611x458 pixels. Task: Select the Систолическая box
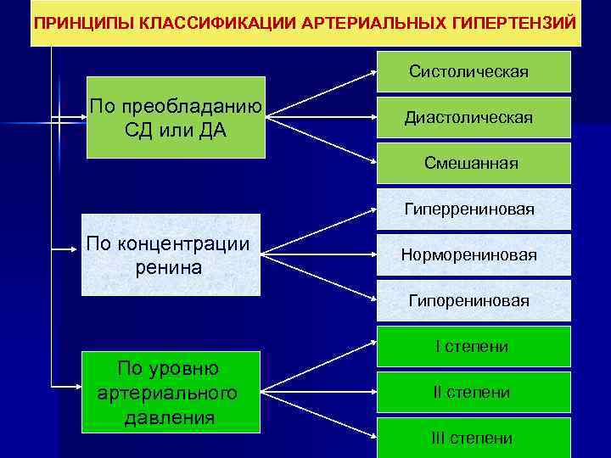[x=474, y=71]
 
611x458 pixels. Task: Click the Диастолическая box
[x=474, y=117]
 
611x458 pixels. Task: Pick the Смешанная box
[x=474, y=163]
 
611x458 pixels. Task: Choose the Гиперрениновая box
[x=474, y=209]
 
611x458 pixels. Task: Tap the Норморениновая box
[x=474, y=254]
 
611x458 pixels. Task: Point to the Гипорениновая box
[x=474, y=300]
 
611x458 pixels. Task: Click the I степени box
[x=474, y=346]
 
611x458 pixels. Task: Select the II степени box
[x=474, y=392]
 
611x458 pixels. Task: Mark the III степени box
[x=474, y=438]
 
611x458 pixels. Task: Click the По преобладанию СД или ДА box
[x=176, y=118]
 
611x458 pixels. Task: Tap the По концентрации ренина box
[x=170, y=255]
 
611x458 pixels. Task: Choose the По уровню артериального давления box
[x=170, y=393]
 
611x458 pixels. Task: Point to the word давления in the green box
[x=169, y=418]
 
